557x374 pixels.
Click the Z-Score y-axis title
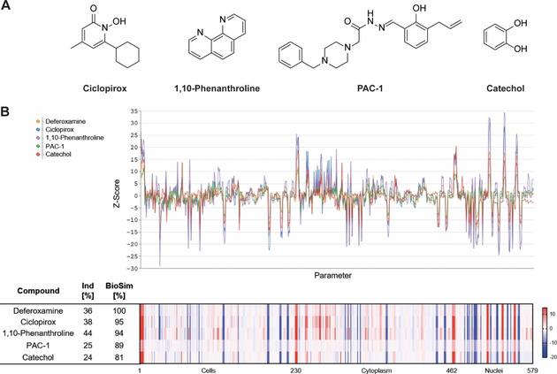118,191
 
